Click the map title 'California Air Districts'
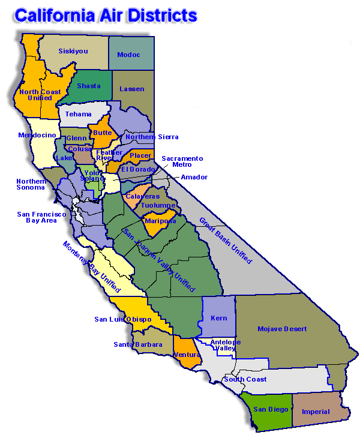point(106,14)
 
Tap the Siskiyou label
point(73,51)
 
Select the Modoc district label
point(128,55)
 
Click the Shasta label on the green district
point(89,86)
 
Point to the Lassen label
point(132,89)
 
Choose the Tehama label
point(79,114)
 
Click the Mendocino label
point(37,135)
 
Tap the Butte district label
point(101,133)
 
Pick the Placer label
point(140,155)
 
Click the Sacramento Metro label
point(182,161)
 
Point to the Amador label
point(194,177)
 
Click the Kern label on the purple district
point(219,318)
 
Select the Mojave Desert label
point(282,329)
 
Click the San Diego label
point(266,409)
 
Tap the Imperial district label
point(316,412)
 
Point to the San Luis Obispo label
point(123,319)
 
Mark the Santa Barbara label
point(138,344)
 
